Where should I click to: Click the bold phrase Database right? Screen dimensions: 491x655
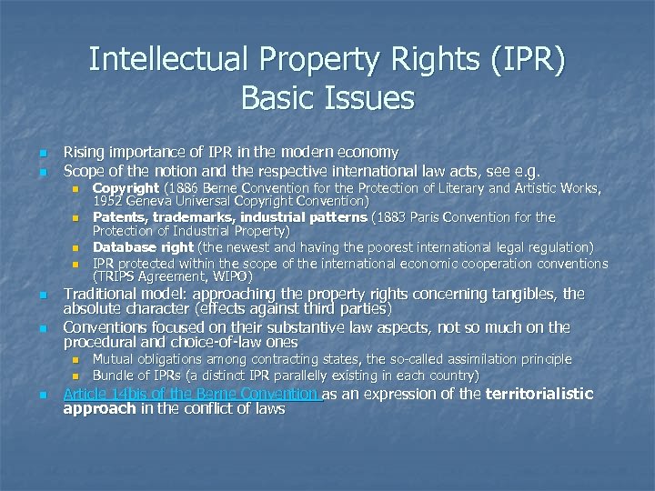[x=143, y=246]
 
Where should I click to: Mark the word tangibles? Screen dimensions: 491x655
[x=533, y=295]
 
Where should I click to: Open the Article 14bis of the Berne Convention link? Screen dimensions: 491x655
[x=192, y=394]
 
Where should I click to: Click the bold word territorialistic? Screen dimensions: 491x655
[x=539, y=394]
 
